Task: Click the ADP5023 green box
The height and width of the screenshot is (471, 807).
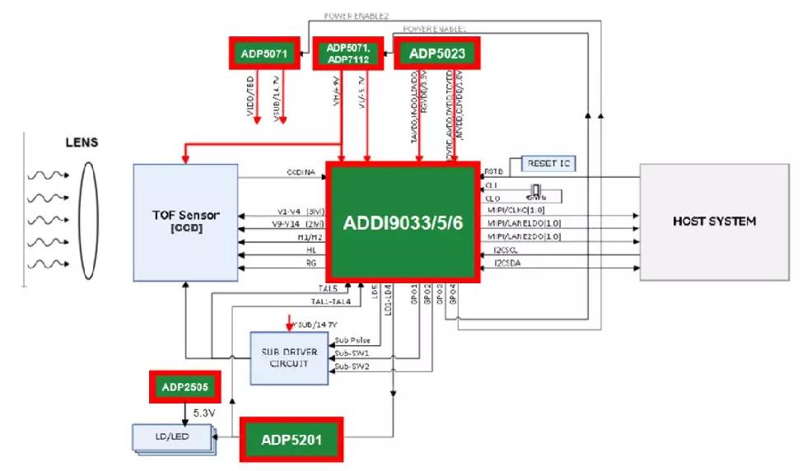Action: pos(436,54)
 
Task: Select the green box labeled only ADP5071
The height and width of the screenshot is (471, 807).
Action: pos(264,54)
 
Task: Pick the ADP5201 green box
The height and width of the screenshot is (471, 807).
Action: pos(291,439)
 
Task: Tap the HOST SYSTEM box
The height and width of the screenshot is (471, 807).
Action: pos(714,221)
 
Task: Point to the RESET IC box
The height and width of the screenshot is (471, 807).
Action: pos(548,163)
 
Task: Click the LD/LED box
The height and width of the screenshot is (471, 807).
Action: pos(172,436)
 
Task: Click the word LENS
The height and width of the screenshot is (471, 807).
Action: pos(82,142)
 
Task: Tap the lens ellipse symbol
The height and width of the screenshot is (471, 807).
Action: pos(88,222)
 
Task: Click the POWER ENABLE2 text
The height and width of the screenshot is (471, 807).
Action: pos(357,16)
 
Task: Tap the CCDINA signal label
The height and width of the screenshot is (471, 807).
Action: pos(301,173)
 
